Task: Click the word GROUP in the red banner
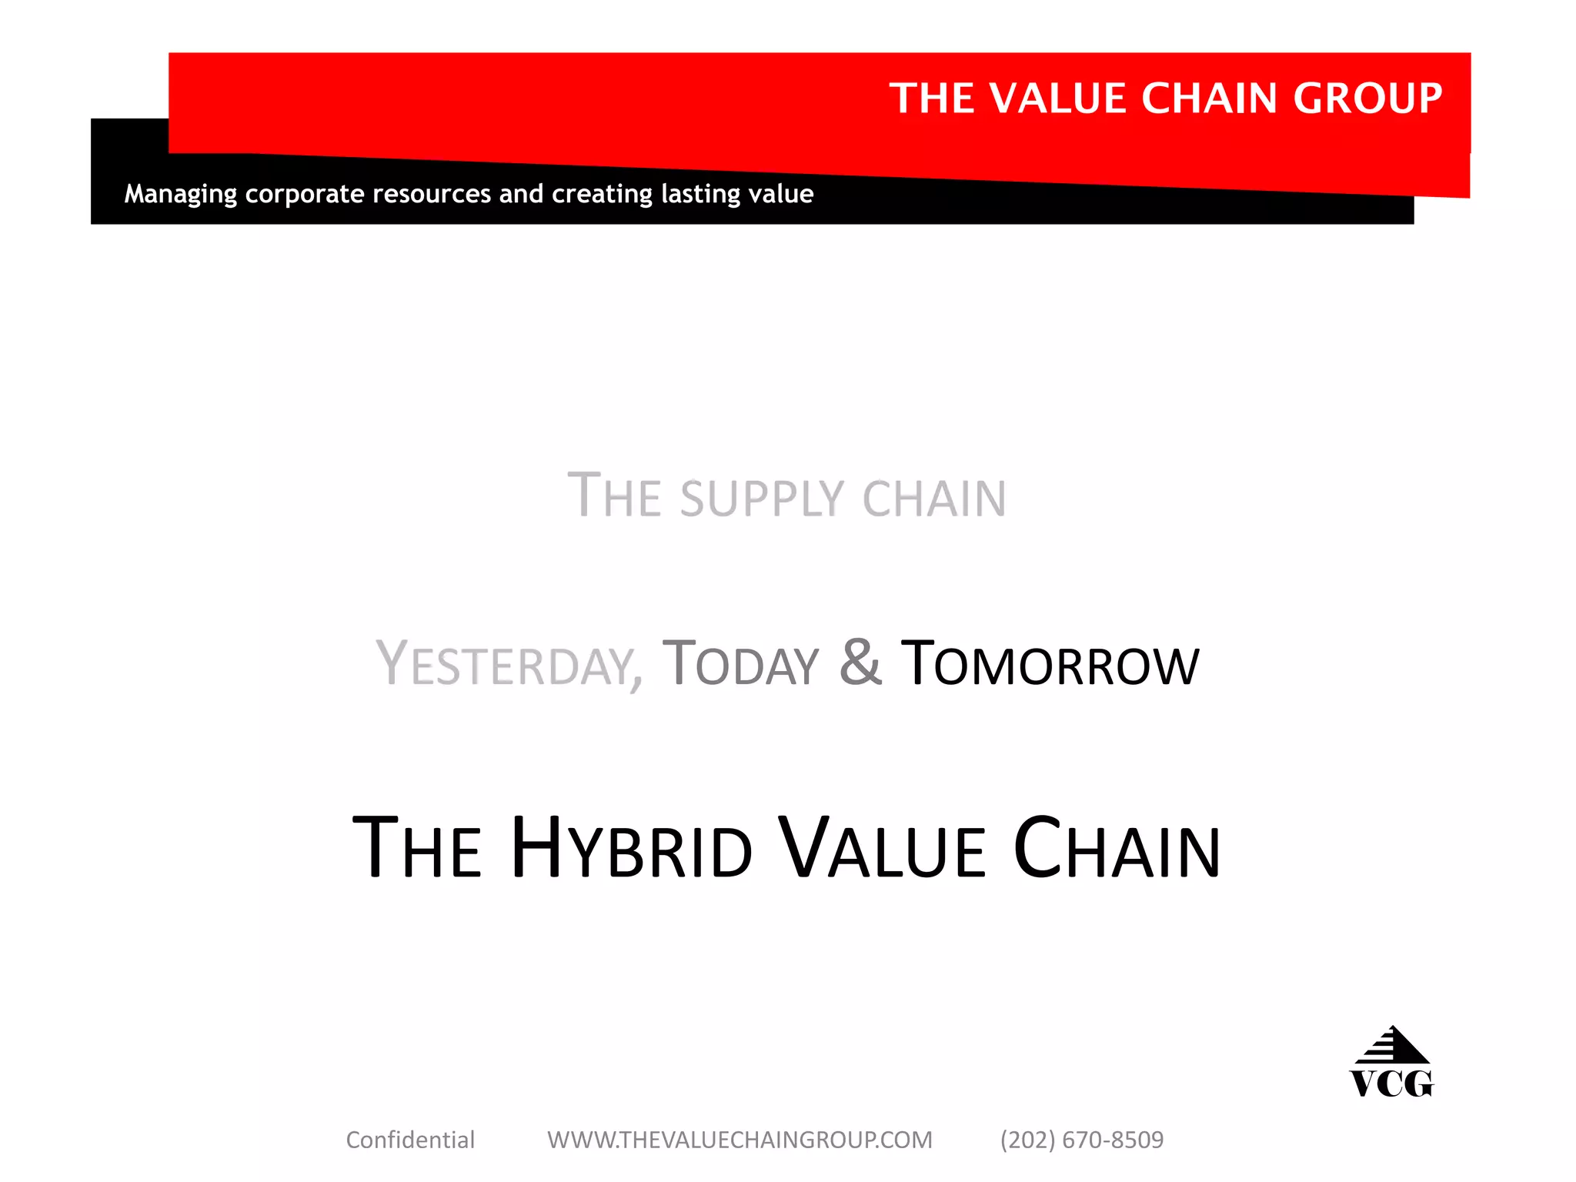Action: pyautogui.click(x=1367, y=98)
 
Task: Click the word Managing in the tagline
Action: pyautogui.click(x=181, y=194)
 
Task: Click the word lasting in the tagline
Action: pyautogui.click(x=696, y=194)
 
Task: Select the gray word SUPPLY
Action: pyautogui.click(x=763, y=499)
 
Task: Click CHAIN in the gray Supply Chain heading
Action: pyautogui.click(x=934, y=499)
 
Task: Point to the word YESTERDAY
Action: pyautogui.click(x=509, y=664)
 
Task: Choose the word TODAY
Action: pyautogui.click(x=741, y=664)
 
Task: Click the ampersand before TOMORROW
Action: pyautogui.click(x=860, y=662)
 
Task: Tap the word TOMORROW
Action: pyautogui.click(x=1050, y=664)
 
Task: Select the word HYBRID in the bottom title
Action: pyautogui.click(x=631, y=848)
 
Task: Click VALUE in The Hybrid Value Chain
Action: pyautogui.click(x=882, y=848)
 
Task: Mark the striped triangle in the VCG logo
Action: pyautogui.click(x=1392, y=1046)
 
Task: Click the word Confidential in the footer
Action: pyautogui.click(x=410, y=1140)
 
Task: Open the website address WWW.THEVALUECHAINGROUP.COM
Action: pyautogui.click(x=740, y=1140)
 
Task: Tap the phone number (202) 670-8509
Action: pyautogui.click(x=1082, y=1140)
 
